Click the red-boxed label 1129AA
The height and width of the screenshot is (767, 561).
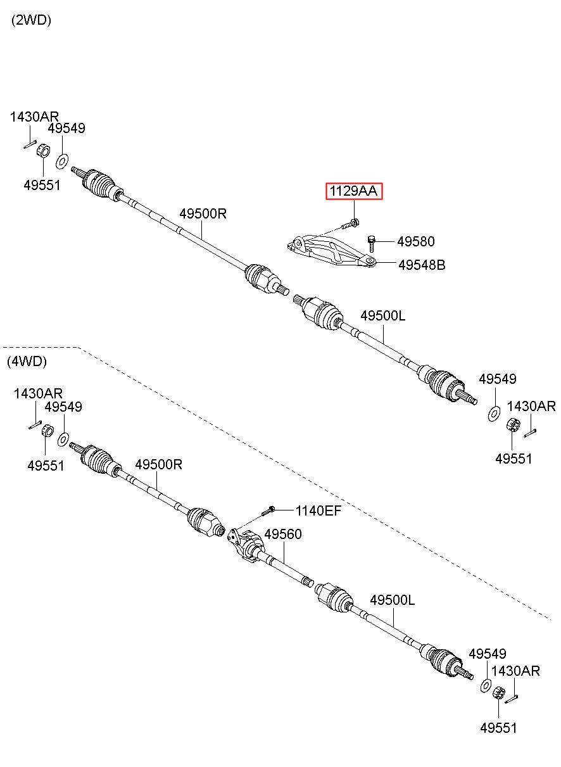(353, 191)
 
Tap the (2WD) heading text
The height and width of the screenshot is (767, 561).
(31, 20)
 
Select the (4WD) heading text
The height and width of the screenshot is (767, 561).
(27, 362)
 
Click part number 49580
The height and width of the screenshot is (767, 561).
(416, 241)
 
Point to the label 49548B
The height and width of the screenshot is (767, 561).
(422, 265)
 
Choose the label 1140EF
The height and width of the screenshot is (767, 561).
(318, 510)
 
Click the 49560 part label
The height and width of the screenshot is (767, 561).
(283, 534)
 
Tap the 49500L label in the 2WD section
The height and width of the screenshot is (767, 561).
(383, 315)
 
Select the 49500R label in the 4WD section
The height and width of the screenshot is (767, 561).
(158, 465)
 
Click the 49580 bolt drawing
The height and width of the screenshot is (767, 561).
(372, 243)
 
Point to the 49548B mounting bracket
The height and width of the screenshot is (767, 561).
(331, 251)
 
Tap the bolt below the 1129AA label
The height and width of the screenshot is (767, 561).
(350, 224)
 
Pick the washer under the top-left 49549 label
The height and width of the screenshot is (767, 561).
(61, 162)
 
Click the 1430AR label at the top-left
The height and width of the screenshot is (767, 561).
(34, 117)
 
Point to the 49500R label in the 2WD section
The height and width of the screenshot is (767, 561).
(203, 213)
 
